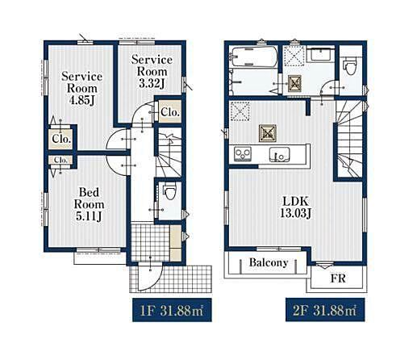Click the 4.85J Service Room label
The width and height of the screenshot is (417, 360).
pos(81,88)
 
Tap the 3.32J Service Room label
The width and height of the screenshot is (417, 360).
pos(152,72)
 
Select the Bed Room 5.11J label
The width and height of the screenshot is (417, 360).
pos(89,204)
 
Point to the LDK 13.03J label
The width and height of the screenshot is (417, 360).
pos(296,207)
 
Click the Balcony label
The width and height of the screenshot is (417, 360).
pos(269,262)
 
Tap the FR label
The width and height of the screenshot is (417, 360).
pos(338,278)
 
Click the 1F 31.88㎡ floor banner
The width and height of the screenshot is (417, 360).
pos(172,310)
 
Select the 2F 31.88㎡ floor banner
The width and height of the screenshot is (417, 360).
pos(325,310)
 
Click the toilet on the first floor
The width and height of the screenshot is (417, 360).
pos(169,191)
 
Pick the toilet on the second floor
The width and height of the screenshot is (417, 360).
pos(350,66)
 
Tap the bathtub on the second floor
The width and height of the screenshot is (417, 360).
pos(254,57)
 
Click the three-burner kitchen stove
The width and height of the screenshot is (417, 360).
pos(243,154)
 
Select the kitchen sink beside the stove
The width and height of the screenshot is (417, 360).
pos(280,155)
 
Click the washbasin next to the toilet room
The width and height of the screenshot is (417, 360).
pos(321,55)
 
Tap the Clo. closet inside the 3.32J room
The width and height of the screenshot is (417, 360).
pos(169,111)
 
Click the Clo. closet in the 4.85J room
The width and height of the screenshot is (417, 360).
pos(61,139)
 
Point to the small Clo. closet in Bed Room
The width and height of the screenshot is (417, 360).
pos(60,160)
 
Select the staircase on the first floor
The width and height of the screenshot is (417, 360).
pos(169,153)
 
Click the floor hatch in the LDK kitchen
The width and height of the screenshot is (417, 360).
pos(268,133)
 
